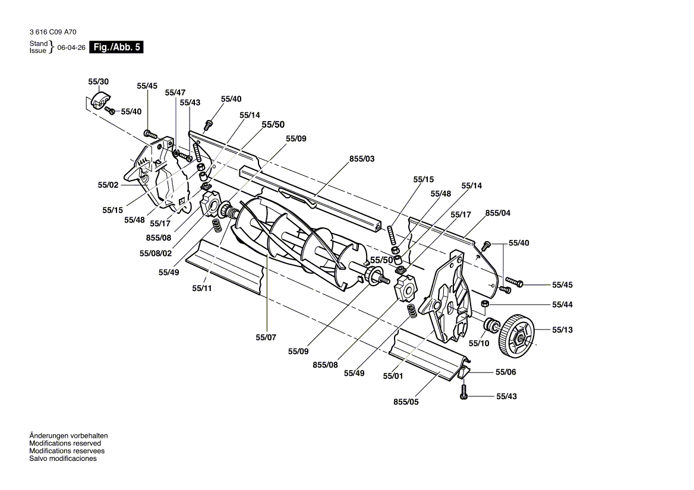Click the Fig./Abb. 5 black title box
click(116, 48)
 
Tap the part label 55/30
click(98, 82)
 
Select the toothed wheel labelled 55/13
click(516, 336)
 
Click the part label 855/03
click(362, 159)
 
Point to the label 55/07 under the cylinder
click(266, 337)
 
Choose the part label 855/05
click(406, 402)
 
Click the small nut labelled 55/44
click(485, 304)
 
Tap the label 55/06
click(506, 372)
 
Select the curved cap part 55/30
click(100, 101)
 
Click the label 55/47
click(175, 93)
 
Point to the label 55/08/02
click(155, 254)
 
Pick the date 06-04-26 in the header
click(71, 48)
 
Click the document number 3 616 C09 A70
click(53, 32)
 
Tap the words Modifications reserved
click(65, 443)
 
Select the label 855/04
click(498, 213)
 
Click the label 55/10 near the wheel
click(479, 343)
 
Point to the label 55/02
click(108, 185)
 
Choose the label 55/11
click(202, 288)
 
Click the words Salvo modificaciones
click(63, 459)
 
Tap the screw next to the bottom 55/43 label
click(463, 391)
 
